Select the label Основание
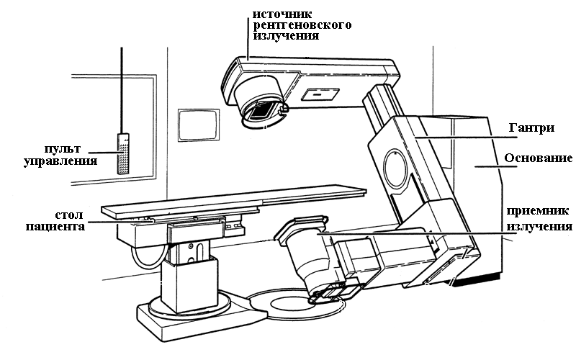[x=539, y=158]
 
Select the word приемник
[x=539, y=213]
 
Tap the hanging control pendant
[x=124, y=153]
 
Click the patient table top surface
[x=238, y=201]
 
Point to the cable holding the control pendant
[x=123, y=86]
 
